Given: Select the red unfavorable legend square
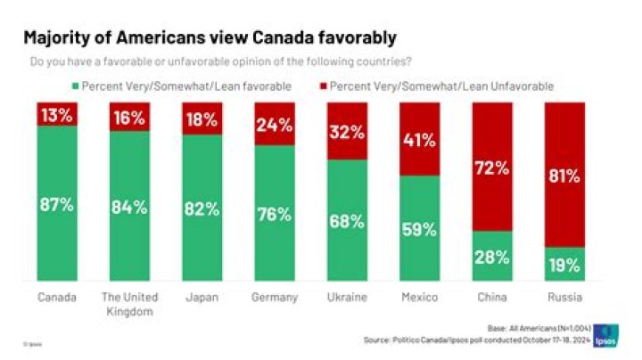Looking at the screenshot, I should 322,86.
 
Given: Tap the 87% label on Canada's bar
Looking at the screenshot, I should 57,202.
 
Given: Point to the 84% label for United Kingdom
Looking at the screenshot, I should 129,207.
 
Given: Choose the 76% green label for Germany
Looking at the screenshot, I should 275,214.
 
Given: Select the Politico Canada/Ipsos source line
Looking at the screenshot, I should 477,340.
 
